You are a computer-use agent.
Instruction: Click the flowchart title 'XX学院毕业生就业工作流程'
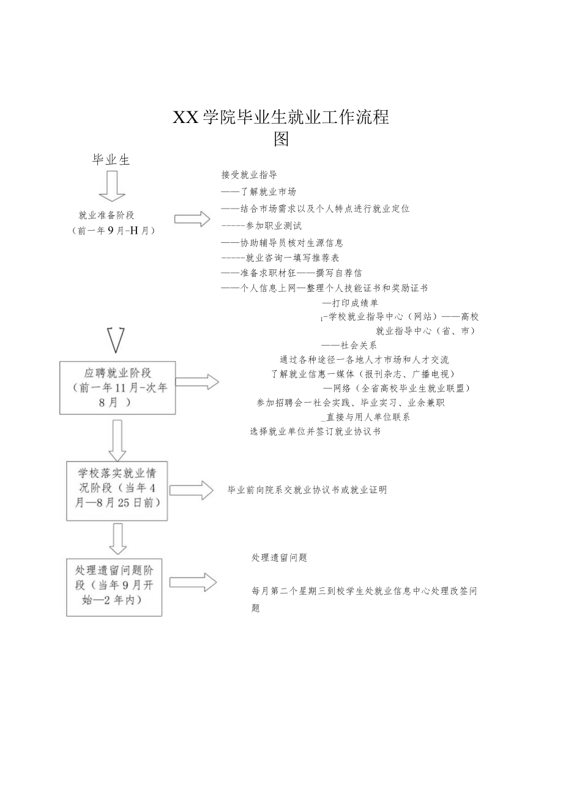pyautogui.click(x=281, y=117)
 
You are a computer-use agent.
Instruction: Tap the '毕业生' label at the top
pyautogui.click(x=111, y=160)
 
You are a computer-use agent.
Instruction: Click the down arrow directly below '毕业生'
pyautogui.click(x=112, y=186)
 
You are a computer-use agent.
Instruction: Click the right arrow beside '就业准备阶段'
pyautogui.click(x=192, y=219)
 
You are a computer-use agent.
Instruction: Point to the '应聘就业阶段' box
pyautogui.click(x=117, y=387)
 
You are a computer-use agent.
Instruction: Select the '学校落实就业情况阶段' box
pyautogui.click(x=117, y=490)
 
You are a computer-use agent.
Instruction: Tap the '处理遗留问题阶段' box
pyautogui.click(x=114, y=586)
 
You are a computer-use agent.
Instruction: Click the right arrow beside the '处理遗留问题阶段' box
pyautogui.click(x=192, y=582)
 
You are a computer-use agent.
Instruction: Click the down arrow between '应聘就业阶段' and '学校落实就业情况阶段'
pyautogui.click(x=117, y=440)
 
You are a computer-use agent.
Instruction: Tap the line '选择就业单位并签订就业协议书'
pyautogui.click(x=315, y=431)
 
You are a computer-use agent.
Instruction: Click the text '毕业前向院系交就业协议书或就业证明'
pyautogui.click(x=307, y=490)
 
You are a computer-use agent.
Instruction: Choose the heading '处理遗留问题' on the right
pyautogui.click(x=279, y=557)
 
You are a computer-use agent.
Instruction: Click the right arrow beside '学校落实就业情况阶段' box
pyautogui.click(x=191, y=490)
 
